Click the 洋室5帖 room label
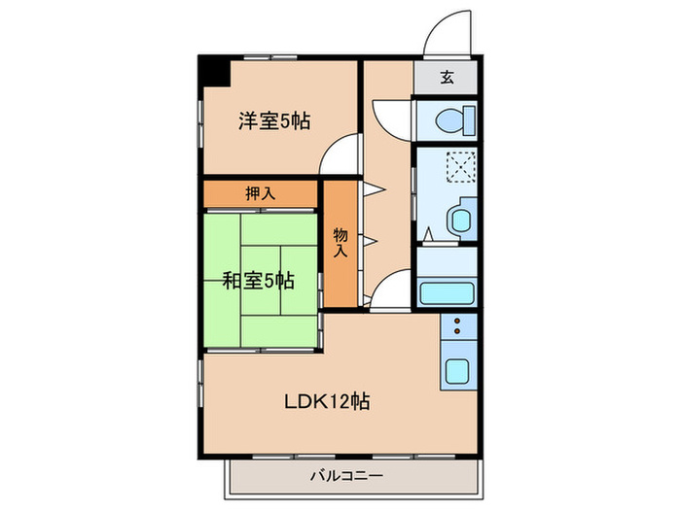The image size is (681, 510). tap(274, 121)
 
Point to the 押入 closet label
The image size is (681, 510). tap(260, 193)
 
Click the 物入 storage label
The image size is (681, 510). tap(340, 242)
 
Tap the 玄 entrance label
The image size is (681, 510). tap(446, 78)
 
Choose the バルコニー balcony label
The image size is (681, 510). tap(347, 476)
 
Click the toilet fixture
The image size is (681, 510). tap(452, 121)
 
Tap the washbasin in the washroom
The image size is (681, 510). tap(457, 220)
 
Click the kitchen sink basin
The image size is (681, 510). tap(456, 369)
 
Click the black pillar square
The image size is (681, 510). tap(212, 73)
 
